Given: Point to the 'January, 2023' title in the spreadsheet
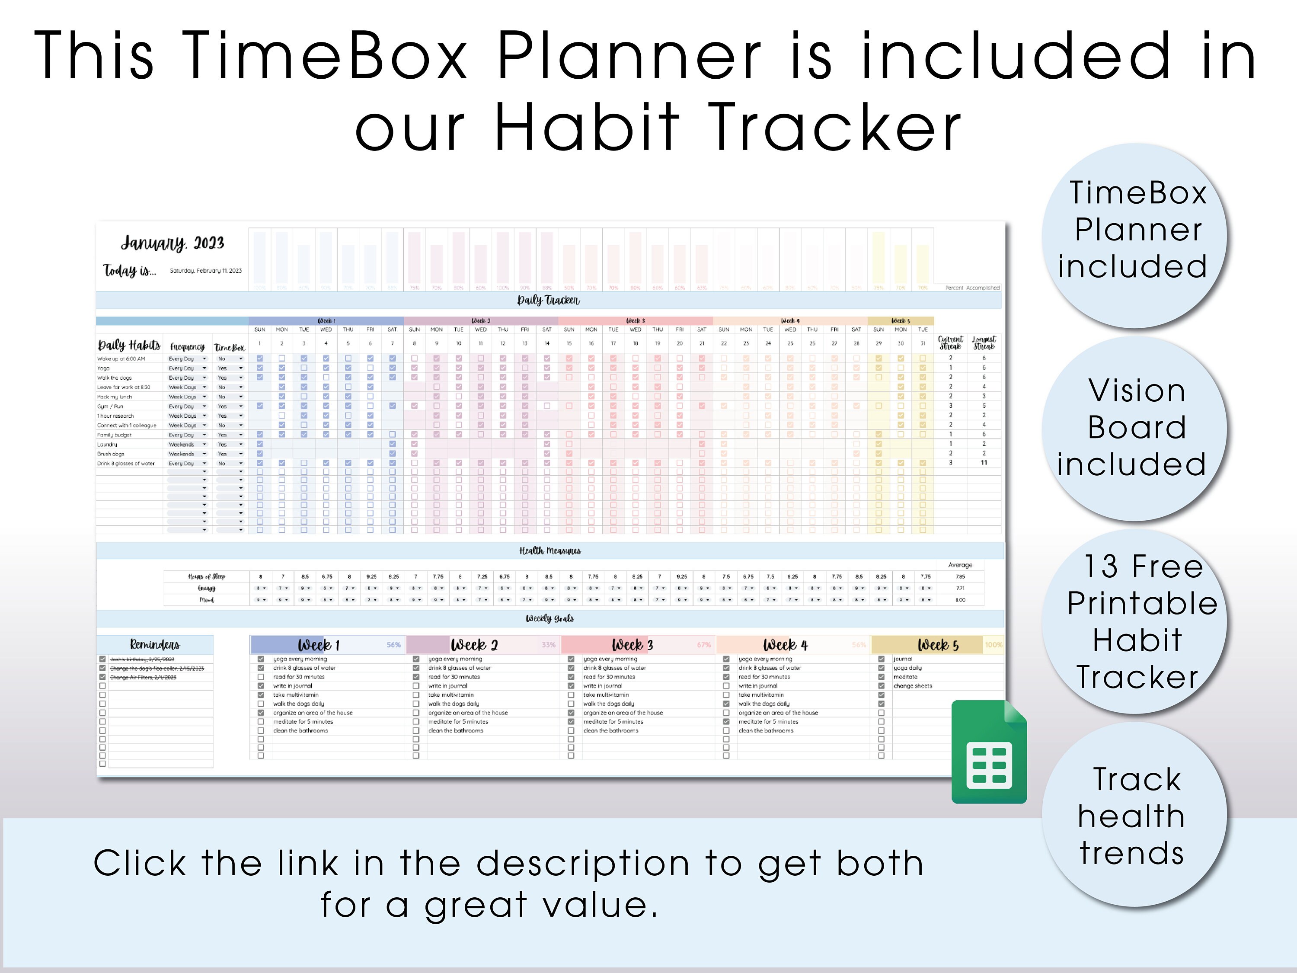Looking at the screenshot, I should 172,243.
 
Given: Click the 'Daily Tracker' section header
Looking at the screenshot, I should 548,300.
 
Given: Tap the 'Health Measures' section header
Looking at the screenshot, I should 549,551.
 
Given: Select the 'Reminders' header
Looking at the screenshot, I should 155,645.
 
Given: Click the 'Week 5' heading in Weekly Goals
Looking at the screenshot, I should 938,645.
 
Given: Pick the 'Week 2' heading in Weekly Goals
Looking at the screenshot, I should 474,645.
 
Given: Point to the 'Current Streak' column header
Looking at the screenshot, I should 950,342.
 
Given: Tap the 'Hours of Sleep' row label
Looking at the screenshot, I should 206,576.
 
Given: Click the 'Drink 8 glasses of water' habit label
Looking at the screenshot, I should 126,463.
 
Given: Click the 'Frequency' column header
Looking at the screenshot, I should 187,347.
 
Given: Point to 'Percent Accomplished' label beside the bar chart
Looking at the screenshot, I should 971,288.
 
